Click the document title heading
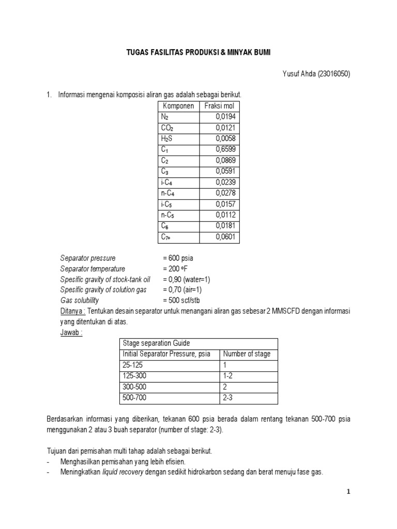(198, 53)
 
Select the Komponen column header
(178, 106)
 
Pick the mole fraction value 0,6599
(226, 149)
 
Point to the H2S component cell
(166, 138)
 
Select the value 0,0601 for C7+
(226, 237)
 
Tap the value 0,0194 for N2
(226, 117)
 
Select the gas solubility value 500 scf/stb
(181, 300)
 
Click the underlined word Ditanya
(72, 311)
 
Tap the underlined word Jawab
(71, 332)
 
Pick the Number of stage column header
(247, 354)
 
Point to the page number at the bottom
(349, 492)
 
